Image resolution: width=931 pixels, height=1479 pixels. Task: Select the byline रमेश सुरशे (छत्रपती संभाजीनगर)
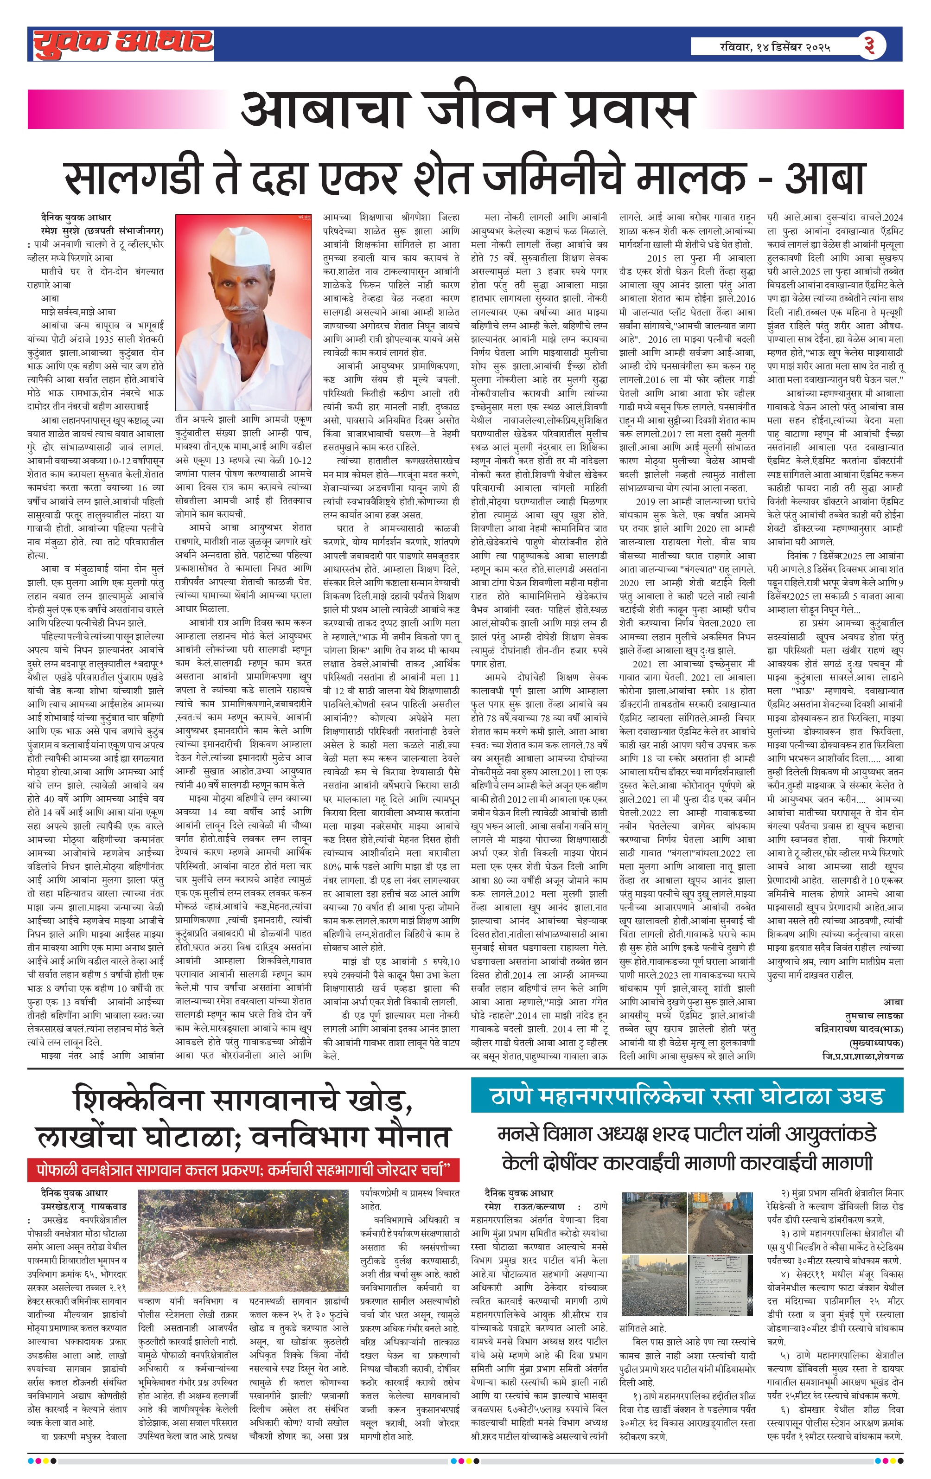coord(102,231)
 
